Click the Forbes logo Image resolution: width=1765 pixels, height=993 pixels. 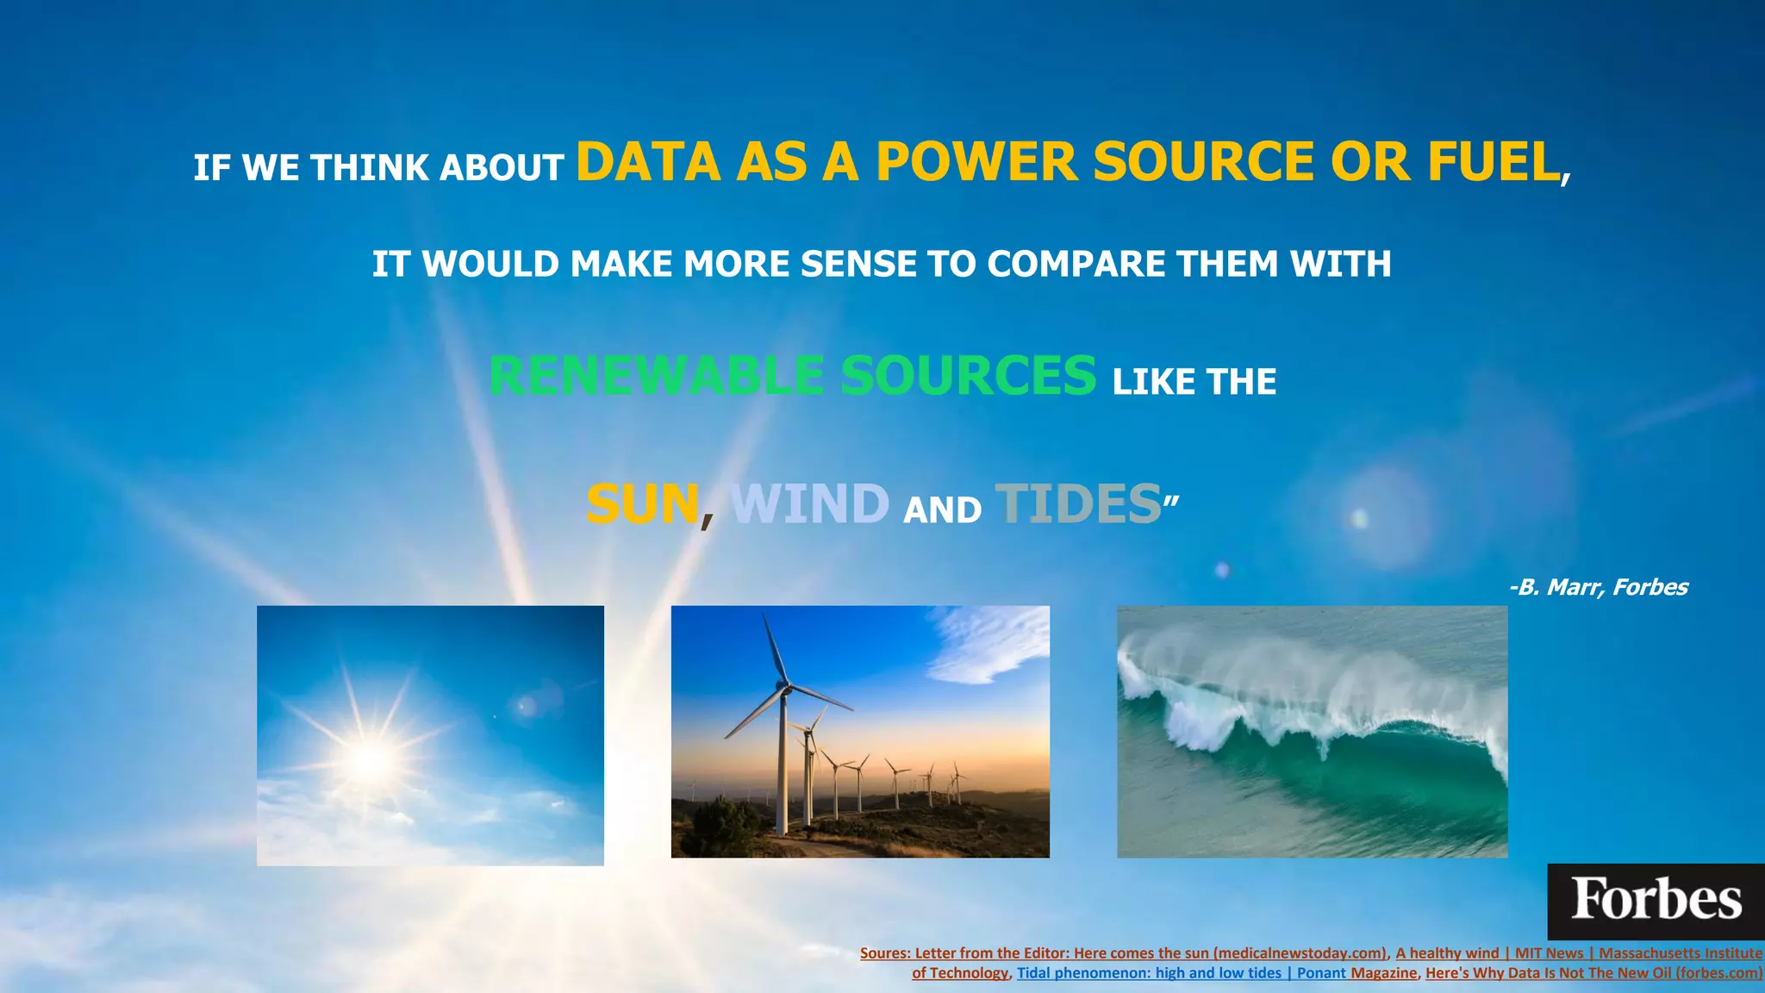pyautogui.click(x=1656, y=901)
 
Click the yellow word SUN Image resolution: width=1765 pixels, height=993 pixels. pyautogui.click(x=642, y=504)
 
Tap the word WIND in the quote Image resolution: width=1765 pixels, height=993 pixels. pyautogui.click(x=809, y=504)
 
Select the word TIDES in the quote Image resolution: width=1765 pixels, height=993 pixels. pyautogui.click(x=1078, y=504)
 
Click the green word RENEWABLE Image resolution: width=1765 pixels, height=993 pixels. pyautogui.click(x=656, y=377)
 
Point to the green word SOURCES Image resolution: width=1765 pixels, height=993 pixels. pyautogui.click(x=968, y=377)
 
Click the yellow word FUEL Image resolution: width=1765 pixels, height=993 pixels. pyautogui.click(x=1493, y=162)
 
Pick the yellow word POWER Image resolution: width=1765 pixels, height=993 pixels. pyautogui.click(x=976, y=162)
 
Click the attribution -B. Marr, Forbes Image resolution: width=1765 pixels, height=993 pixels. pyautogui.click(x=1598, y=588)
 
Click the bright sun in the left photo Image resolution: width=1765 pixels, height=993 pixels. pyautogui.click(x=371, y=759)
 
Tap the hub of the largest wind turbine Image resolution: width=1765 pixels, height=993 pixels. pyautogui.click(x=783, y=687)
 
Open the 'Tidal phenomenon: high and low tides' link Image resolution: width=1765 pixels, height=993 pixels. pyautogui.click(x=1148, y=973)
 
